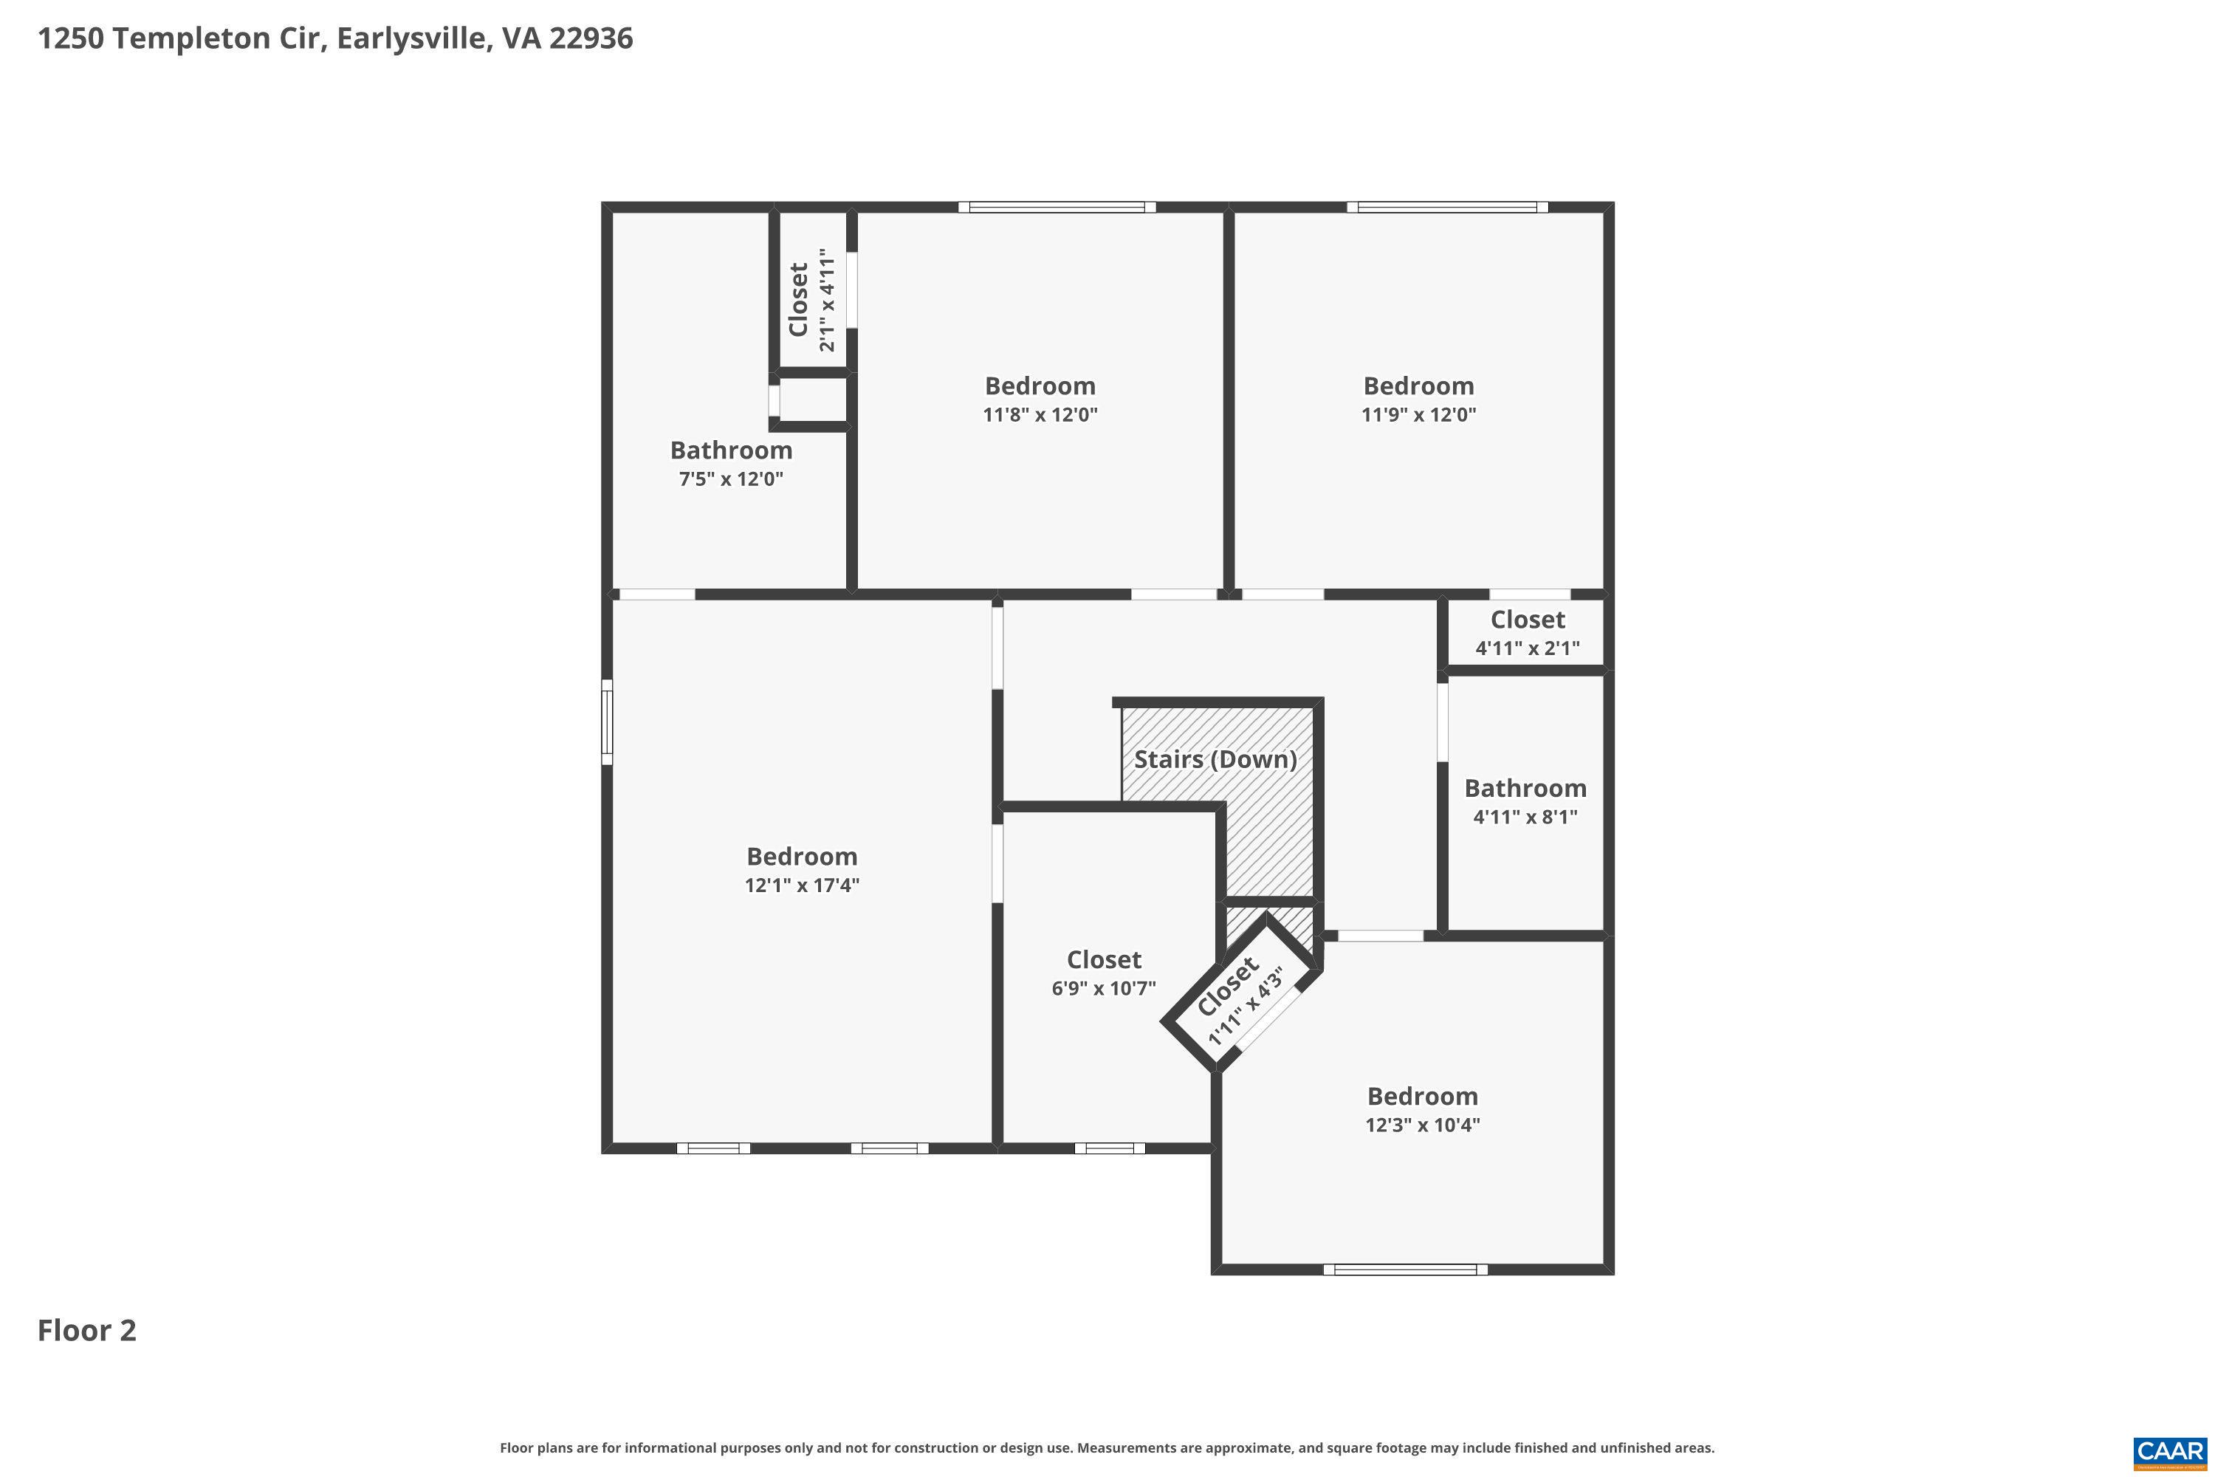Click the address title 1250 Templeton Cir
tap(334, 38)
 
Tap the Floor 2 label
tap(86, 1330)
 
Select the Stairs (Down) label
tap(1215, 759)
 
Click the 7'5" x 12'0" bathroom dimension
tap(731, 479)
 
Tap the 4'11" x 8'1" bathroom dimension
tap(1525, 817)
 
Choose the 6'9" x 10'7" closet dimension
tap(1104, 988)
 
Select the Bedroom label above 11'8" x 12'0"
tap(1040, 386)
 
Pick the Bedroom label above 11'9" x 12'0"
tap(1418, 386)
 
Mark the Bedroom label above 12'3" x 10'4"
tap(1422, 1097)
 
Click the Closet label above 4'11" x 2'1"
tap(1528, 620)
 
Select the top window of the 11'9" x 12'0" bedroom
tap(1447, 208)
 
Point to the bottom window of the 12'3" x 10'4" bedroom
tap(1405, 1269)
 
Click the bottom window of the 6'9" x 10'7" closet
tap(1110, 1148)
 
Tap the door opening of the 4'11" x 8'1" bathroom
tap(1442, 722)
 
